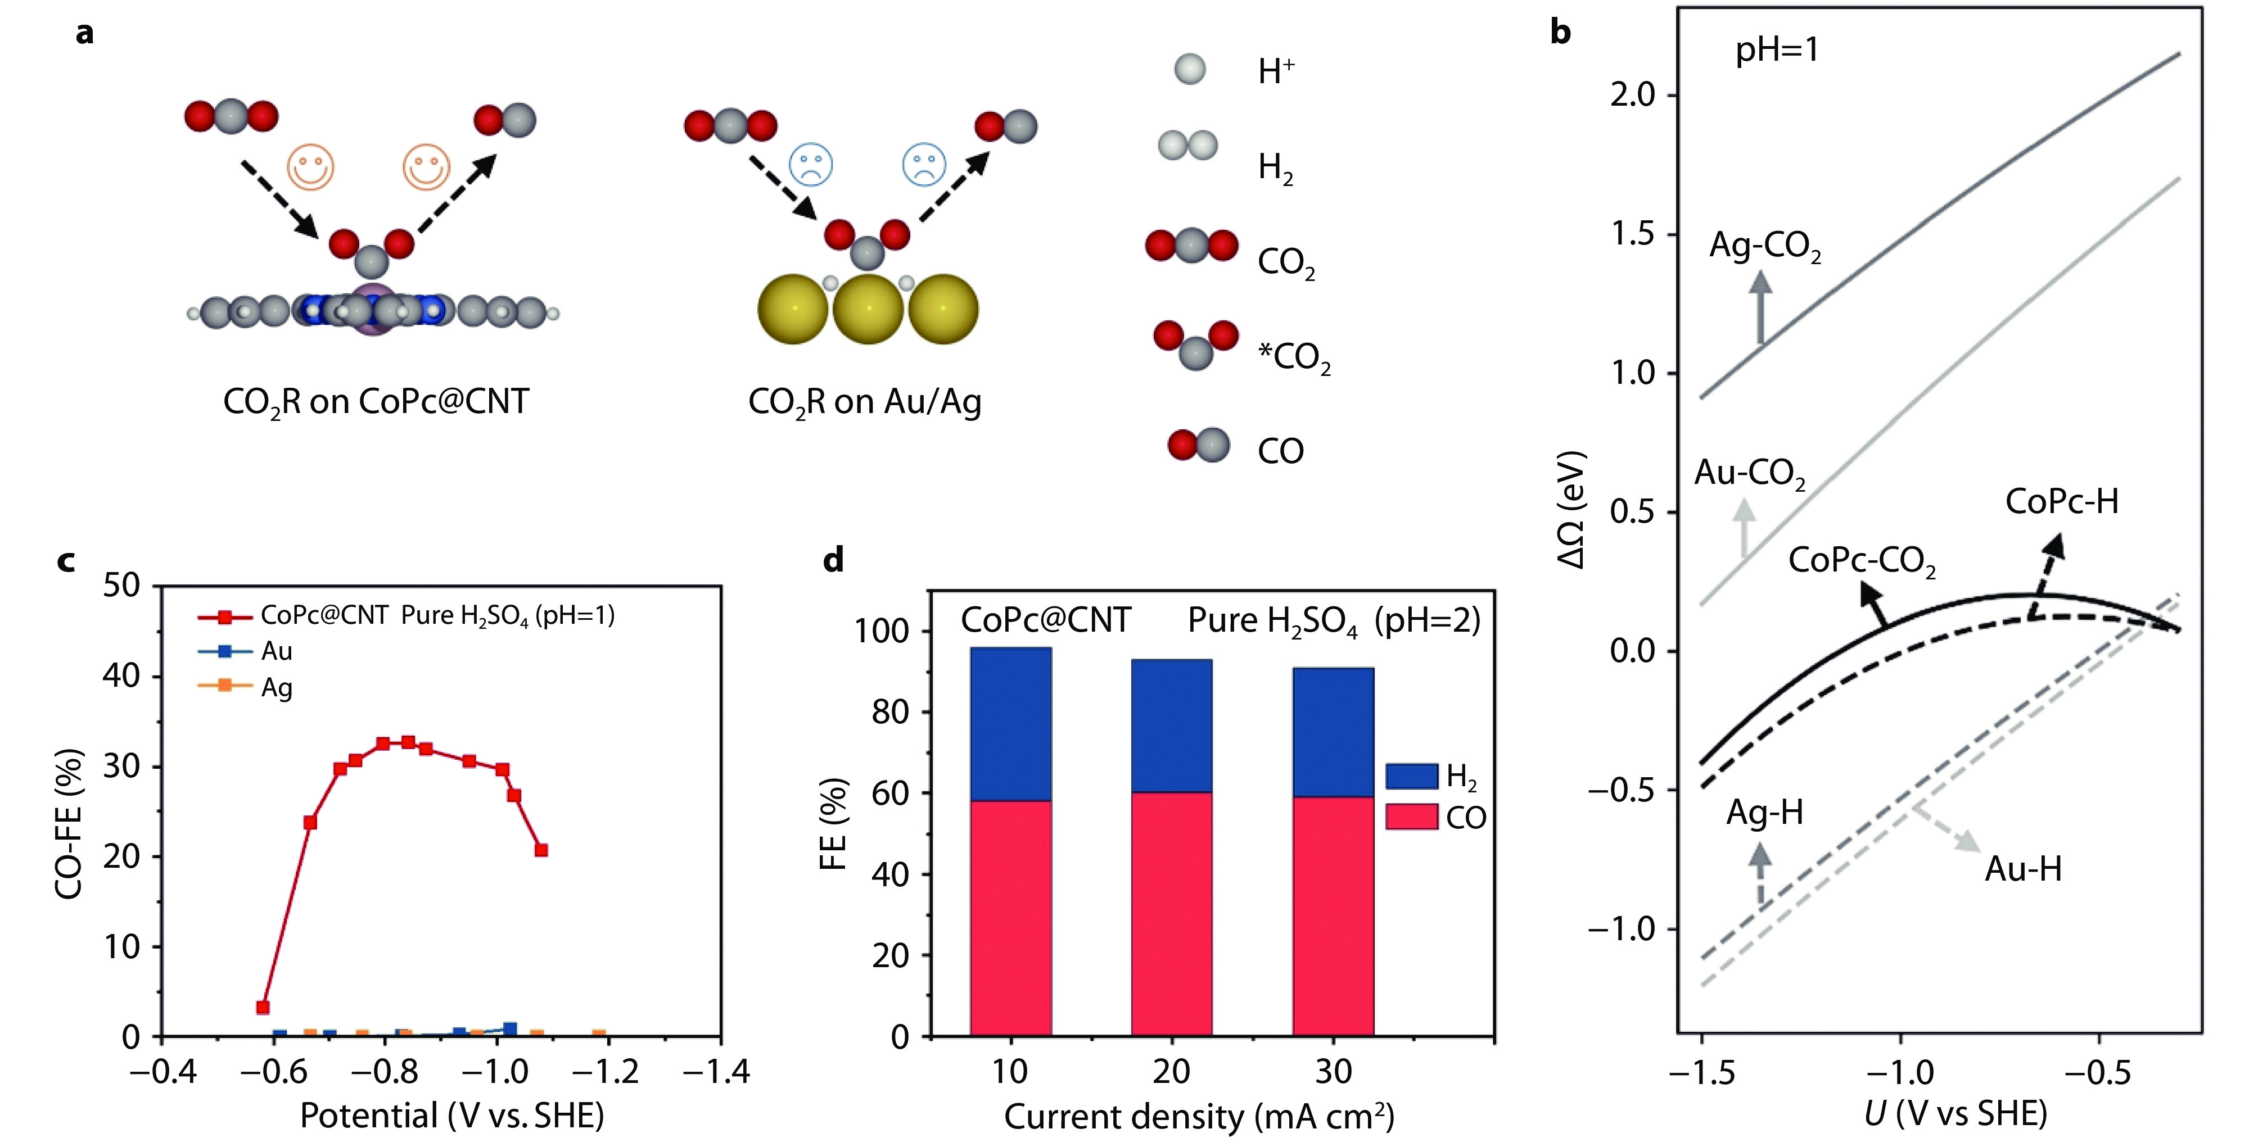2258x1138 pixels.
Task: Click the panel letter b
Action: (x=1560, y=33)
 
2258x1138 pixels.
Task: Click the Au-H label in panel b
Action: (x=2023, y=869)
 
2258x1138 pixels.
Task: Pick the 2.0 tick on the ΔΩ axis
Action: (x=1632, y=94)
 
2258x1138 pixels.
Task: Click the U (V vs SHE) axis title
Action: (x=1956, y=1113)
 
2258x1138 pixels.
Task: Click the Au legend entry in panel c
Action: (x=276, y=651)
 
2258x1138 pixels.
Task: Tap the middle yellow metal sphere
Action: (x=868, y=309)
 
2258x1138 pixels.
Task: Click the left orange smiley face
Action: (x=310, y=166)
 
